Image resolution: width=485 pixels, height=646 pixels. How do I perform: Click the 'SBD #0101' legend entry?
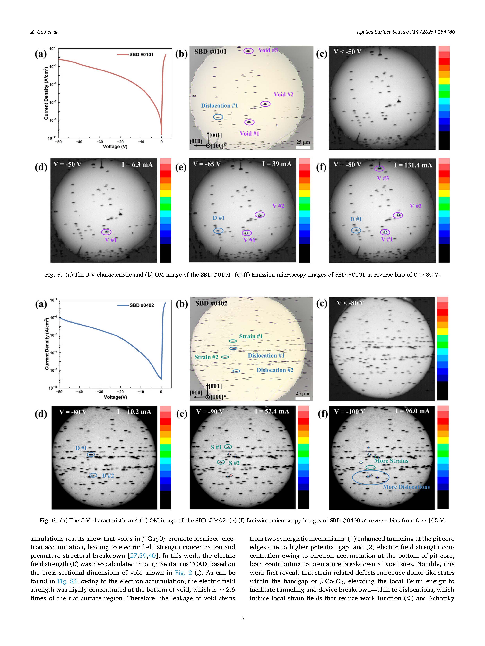pyautogui.click(x=141, y=54)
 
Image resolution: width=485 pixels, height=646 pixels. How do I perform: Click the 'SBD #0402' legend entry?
pyautogui.click(x=142, y=305)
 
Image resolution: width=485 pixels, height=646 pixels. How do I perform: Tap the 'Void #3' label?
pyautogui.click(x=268, y=50)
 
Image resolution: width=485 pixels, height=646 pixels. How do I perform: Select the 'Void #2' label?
pyautogui.click(x=283, y=94)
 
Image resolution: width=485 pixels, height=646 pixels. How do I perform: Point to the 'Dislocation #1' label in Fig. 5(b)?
pyautogui.click(x=219, y=105)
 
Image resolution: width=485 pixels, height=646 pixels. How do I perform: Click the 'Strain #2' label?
pyautogui.click(x=206, y=357)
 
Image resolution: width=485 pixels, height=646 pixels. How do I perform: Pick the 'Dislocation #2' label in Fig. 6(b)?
pyautogui.click(x=275, y=370)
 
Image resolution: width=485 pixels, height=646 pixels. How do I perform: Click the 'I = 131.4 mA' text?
pyautogui.click(x=413, y=165)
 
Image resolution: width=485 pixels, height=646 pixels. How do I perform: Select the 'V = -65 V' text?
pyautogui.click(x=207, y=164)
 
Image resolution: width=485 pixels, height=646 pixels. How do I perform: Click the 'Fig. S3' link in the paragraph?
pyautogui.click(x=67, y=581)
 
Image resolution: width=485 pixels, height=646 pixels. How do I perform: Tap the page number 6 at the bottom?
pyautogui.click(x=243, y=618)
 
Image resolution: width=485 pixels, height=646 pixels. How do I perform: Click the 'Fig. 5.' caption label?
pyautogui.click(x=54, y=275)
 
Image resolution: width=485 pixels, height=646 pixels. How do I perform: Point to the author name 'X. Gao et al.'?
pyautogui.click(x=44, y=32)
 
